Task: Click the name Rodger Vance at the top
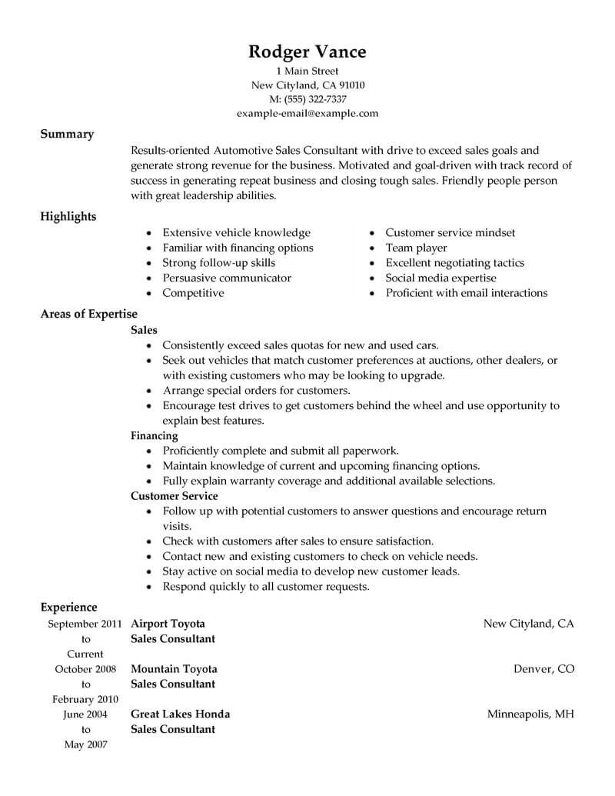[x=307, y=52]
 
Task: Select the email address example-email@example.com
[x=307, y=113]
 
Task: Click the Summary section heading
[x=67, y=134]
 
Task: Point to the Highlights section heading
[x=68, y=216]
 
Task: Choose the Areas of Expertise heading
[x=89, y=314]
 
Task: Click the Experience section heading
[x=69, y=608]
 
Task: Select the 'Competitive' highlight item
[x=193, y=293]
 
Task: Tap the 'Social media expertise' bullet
[x=440, y=278]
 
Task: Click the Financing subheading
[x=154, y=435]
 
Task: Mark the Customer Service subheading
[x=175, y=496]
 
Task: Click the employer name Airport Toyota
[x=168, y=624]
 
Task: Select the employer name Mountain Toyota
[x=174, y=669]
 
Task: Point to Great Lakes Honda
[x=180, y=714]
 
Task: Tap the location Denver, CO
[x=544, y=669]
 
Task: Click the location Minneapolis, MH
[x=530, y=714]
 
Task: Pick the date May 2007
[x=85, y=744]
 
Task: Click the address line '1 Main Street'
[x=307, y=72]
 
